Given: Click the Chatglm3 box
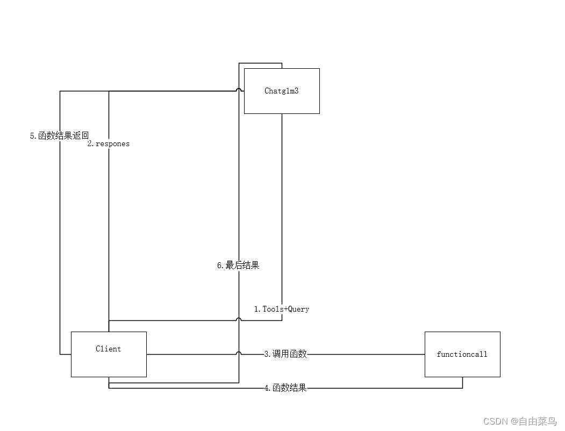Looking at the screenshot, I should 282,102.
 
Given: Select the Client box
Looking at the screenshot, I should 109,363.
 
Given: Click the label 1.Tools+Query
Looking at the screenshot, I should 282,309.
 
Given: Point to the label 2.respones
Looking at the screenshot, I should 109,143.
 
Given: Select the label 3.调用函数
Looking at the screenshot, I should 285,354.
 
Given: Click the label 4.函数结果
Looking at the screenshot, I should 285,388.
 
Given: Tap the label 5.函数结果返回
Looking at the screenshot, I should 59,136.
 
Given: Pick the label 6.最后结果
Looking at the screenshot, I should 238,265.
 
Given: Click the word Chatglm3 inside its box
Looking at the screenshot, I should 282,91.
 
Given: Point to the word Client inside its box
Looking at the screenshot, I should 109,349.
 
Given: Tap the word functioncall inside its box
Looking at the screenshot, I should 462,354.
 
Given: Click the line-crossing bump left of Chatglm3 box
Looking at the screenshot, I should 239,91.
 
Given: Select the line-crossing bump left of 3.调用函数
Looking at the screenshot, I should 239,354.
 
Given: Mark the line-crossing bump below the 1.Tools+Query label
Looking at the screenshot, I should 239,320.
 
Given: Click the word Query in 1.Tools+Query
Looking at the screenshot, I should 299,309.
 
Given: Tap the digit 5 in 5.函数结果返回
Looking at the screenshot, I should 32,136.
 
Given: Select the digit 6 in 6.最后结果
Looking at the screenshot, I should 219,265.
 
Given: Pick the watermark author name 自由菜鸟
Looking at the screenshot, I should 538,421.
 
